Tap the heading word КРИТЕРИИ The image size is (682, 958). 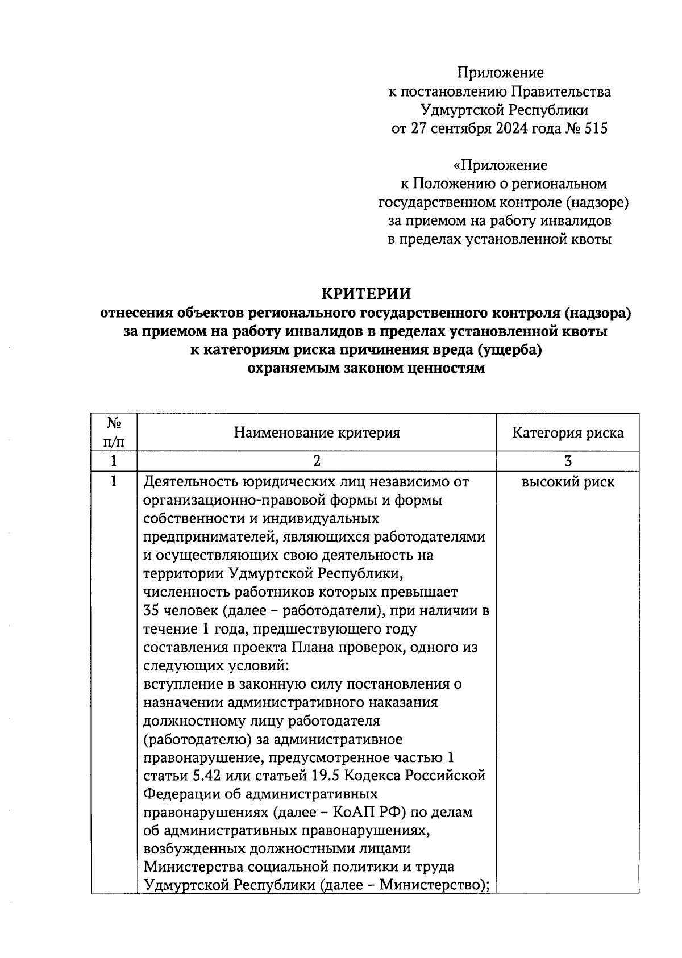[366, 294]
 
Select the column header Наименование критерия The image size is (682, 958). [317, 433]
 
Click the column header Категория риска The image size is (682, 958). [567, 433]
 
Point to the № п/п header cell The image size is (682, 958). [114, 432]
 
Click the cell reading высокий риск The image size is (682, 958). [567, 482]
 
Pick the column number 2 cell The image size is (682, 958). [317, 461]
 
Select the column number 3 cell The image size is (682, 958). [567, 461]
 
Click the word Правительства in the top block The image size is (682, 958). [562, 91]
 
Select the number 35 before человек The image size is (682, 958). [153, 611]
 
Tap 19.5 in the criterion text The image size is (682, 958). [327, 776]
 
